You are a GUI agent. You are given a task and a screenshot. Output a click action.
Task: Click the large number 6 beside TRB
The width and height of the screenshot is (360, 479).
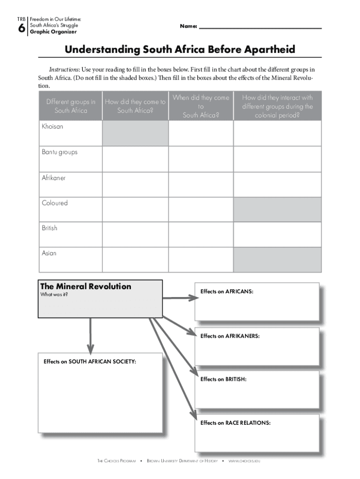pos(22,29)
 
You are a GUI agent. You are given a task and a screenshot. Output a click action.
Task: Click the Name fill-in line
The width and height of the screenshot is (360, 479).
pos(260,28)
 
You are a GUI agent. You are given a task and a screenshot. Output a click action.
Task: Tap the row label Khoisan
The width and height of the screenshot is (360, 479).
pos(52,127)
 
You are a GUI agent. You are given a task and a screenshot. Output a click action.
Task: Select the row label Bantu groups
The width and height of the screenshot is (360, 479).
pos(59,152)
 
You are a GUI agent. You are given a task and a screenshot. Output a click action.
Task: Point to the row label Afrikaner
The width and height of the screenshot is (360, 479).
pos(54,178)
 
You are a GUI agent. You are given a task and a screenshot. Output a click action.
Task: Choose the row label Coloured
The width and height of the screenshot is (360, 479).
pos(55,203)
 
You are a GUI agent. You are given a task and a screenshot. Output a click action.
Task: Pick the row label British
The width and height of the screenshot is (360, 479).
pos(50,228)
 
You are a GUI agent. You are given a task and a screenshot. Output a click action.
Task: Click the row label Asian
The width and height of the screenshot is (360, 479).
pos(49,253)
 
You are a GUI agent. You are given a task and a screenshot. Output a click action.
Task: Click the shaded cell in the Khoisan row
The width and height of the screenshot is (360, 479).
pos(135,133)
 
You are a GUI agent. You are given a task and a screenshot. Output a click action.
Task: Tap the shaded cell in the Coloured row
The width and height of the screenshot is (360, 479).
pos(277,209)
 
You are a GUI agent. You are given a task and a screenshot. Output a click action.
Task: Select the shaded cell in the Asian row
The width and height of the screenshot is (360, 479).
pos(277,260)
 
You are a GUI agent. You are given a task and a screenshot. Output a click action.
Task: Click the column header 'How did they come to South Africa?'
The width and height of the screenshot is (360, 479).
pos(135,106)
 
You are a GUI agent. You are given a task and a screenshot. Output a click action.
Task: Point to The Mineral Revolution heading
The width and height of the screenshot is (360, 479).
pos(86,286)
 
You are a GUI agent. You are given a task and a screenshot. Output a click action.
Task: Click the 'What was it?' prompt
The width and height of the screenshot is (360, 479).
pos(51,295)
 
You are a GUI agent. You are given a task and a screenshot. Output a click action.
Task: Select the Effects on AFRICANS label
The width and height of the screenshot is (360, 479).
pos(227,291)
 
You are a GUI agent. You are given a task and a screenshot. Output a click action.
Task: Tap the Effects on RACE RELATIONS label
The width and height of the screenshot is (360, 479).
pos(235,423)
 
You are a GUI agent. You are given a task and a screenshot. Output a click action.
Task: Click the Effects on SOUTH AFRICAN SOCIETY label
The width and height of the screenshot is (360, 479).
pos(90,361)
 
